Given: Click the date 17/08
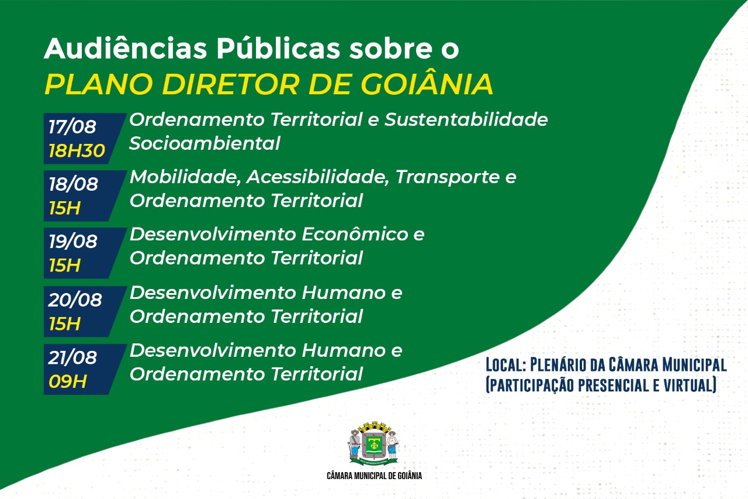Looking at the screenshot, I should [x=72, y=126].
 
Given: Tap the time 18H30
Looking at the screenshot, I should [x=77, y=151].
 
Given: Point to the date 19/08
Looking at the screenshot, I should [x=73, y=241].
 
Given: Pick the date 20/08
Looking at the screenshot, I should [x=75, y=300].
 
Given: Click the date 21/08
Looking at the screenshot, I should [x=73, y=357].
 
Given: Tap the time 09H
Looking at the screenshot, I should [x=68, y=381].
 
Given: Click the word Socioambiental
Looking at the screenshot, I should [x=205, y=143].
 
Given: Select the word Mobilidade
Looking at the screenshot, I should [x=185, y=177].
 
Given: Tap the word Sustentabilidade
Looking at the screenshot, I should [x=466, y=119].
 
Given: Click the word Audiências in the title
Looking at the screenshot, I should [x=125, y=49].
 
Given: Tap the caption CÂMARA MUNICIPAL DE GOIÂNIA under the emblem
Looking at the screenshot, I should [x=374, y=476].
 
